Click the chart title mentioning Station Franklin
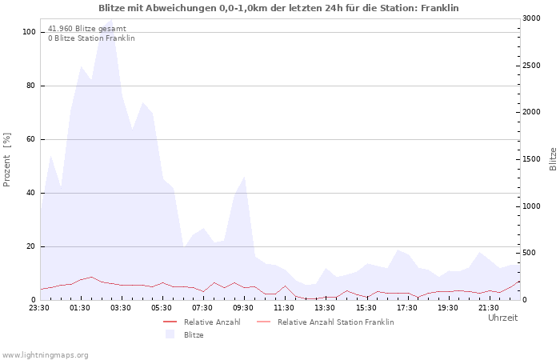[x=279, y=8]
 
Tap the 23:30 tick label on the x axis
[x=39, y=307]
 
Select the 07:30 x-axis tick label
[x=202, y=307]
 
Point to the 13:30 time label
[x=325, y=307]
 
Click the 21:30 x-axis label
[x=488, y=307]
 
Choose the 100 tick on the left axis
[x=29, y=32]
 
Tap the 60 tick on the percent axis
[x=31, y=139]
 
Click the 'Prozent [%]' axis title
[x=7, y=160]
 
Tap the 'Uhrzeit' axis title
[x=502, y=318]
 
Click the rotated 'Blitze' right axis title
[x=553, y=158]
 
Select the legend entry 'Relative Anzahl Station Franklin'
[x=335, y=322]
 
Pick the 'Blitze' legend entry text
[x=194, y=335]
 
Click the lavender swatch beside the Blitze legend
[x=170, y=335]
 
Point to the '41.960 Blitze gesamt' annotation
[x=86, y=28]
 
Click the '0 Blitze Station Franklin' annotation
[x=91, y=38]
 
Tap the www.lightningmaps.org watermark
[x=45, y=354]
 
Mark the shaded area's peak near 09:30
[x=244, y=177]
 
